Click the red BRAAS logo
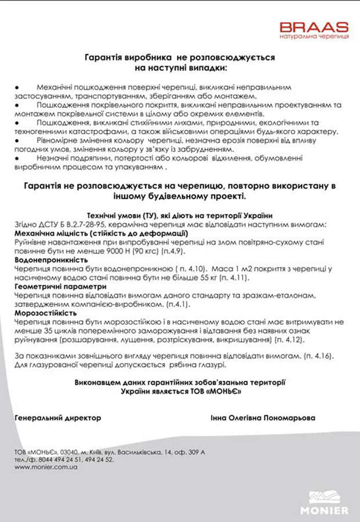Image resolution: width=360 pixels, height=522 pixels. point(314,27)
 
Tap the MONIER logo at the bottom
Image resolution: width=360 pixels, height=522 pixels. point(328,503)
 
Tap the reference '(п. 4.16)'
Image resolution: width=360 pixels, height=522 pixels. point(318,354)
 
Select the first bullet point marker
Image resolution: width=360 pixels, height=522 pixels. point(16,86)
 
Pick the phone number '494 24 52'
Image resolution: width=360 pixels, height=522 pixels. point(97,459)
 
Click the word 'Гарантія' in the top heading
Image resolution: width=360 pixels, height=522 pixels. point(104,58)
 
